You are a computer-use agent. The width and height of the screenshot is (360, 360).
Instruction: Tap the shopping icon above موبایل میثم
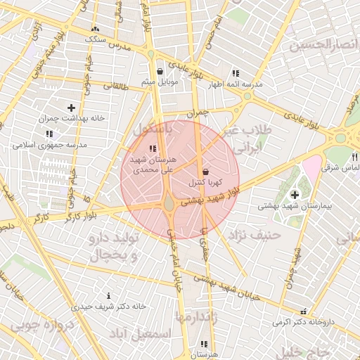160,71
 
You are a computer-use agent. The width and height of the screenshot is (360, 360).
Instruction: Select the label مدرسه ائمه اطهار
235,84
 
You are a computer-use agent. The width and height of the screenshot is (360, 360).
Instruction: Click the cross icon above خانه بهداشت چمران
71,108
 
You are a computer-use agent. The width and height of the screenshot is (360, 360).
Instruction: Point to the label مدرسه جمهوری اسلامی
49,145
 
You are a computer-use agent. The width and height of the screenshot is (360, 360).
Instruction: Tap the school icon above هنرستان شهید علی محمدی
153,148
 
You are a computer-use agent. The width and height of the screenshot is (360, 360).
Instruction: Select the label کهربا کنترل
205,182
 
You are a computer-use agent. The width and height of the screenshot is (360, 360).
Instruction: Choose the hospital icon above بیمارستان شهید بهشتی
294,194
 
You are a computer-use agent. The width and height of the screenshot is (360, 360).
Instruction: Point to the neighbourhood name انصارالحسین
324,44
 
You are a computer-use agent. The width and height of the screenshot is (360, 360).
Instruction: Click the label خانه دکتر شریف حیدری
108,307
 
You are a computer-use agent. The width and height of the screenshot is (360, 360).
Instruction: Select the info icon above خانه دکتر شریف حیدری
108,295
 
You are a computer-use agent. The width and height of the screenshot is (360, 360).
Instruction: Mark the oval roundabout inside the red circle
170,205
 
